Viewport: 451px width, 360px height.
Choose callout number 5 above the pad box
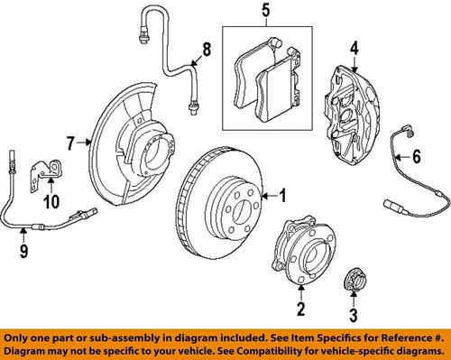[266, 13]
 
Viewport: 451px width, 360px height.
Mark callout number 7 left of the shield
[69, 141]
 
